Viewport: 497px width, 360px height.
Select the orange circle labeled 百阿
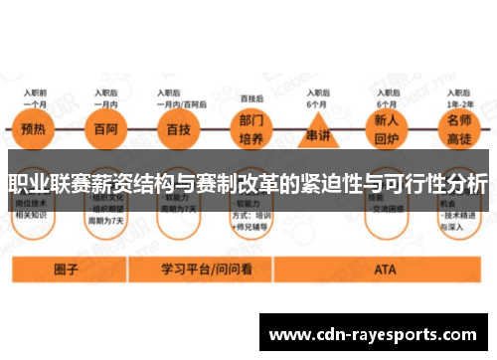pyautogui.click(x=104, y=129)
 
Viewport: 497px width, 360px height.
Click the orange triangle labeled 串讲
pyautogui.click(x=316, y=131)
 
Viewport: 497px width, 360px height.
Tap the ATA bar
pyautogui.click(x=385, y=269)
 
